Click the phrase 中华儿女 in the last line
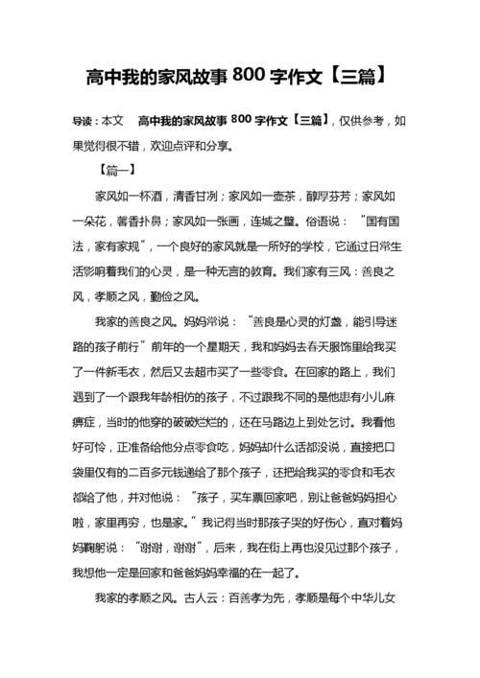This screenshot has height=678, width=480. tap(368, 598)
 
